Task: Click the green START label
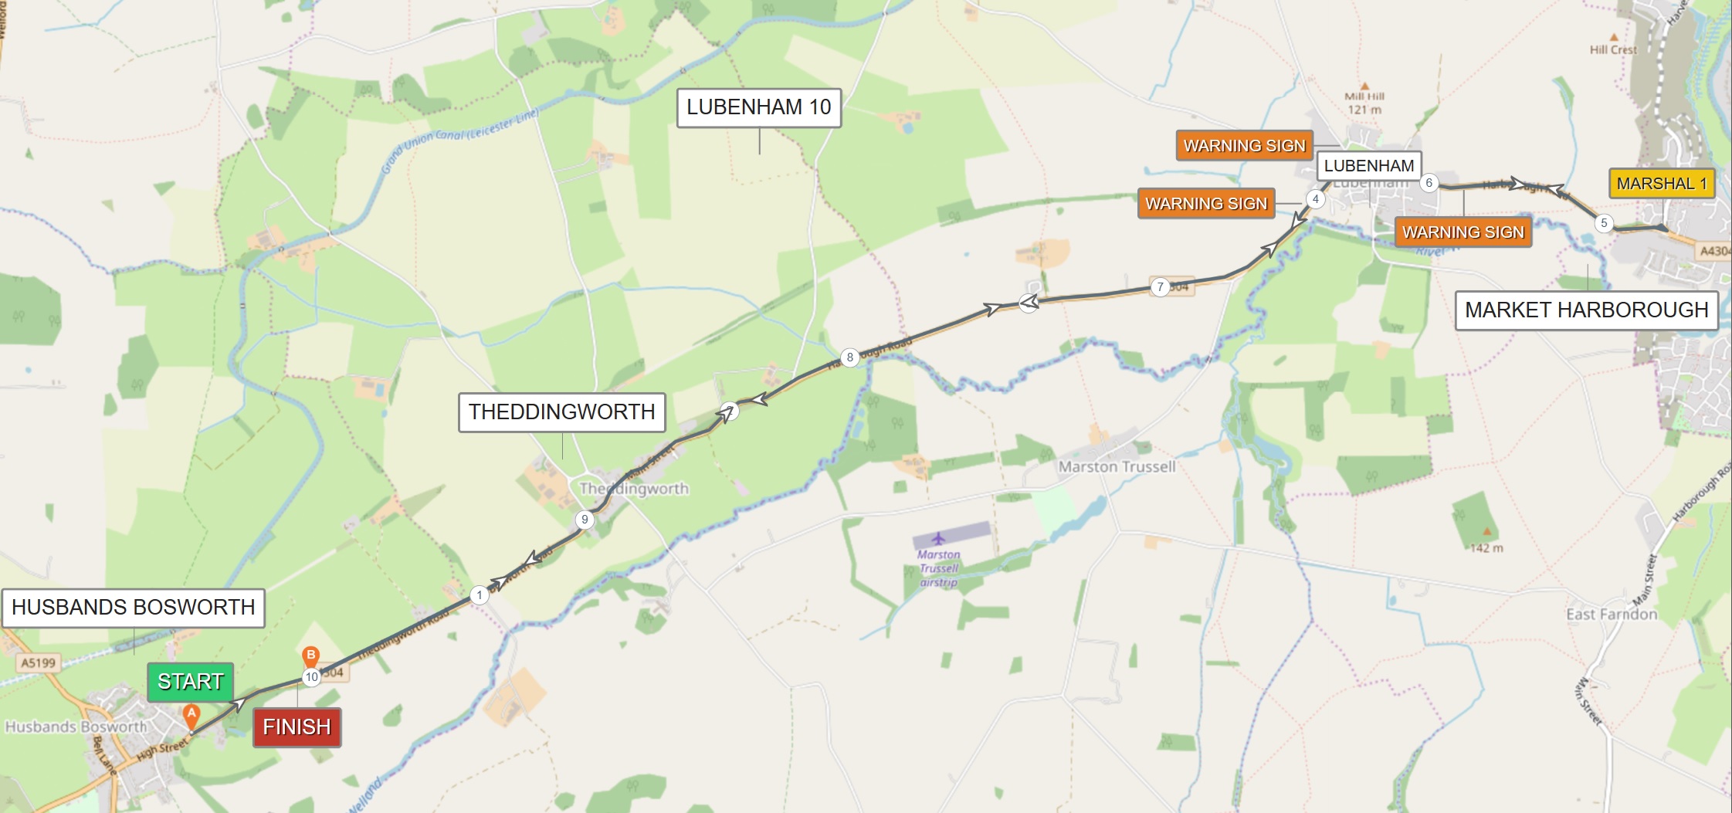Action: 190,682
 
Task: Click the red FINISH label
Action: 297,727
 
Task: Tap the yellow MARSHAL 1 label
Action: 1661,184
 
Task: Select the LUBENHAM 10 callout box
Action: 758,107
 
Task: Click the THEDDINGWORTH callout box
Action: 561,412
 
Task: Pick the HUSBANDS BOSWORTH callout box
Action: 133,608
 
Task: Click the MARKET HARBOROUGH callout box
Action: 1586,310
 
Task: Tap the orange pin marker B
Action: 310,656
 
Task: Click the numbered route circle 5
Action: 1604,223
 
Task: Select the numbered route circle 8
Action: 849,357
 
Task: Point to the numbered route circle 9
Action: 585,520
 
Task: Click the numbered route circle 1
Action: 480,595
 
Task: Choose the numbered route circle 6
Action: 1429,183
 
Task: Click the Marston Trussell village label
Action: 1117,467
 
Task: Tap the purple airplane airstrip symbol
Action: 938,538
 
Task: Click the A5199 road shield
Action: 38,662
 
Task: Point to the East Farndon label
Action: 1612,615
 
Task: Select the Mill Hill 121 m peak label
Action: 1364,102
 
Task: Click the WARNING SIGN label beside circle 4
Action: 1205,204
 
